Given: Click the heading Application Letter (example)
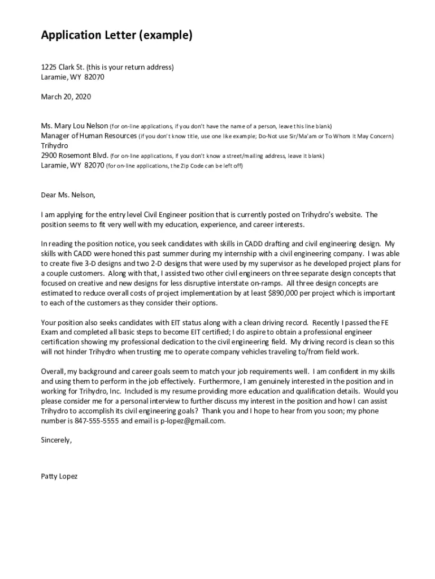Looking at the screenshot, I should [x=117, y=36].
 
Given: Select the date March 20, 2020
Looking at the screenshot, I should [x=66, y=97].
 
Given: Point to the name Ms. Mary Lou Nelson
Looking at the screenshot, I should [x=74, y=126].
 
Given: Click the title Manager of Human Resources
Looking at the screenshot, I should [x=89, y=136].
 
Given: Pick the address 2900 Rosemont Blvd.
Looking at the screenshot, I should [x=74, y=155].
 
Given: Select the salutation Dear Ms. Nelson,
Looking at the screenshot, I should [x=68, y=195].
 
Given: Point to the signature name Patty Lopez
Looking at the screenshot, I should [x=59, y=476].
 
